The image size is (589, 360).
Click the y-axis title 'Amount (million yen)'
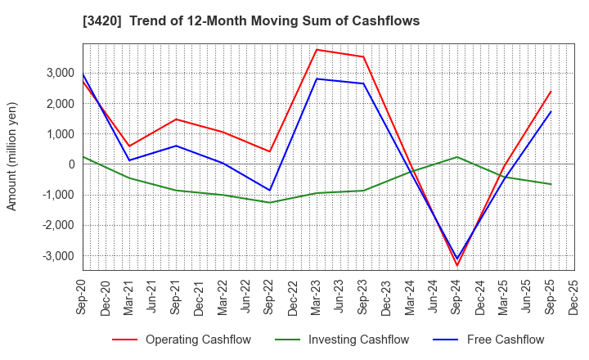click(x=12, y=156)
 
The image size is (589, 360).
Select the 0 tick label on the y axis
click(x=72, y=164)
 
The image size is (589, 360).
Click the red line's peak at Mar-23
click(x=317, y=50)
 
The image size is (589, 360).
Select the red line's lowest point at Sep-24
click(x=457, y=265)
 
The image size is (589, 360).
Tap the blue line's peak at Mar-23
click(x=317, y=79)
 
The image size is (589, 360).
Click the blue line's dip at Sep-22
click(x=270, y=191)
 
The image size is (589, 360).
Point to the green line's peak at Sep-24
click(x=457, y=157)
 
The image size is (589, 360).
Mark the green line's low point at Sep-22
click(x=270, y=202)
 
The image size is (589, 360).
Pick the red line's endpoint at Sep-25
click(x=551, y=92)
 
